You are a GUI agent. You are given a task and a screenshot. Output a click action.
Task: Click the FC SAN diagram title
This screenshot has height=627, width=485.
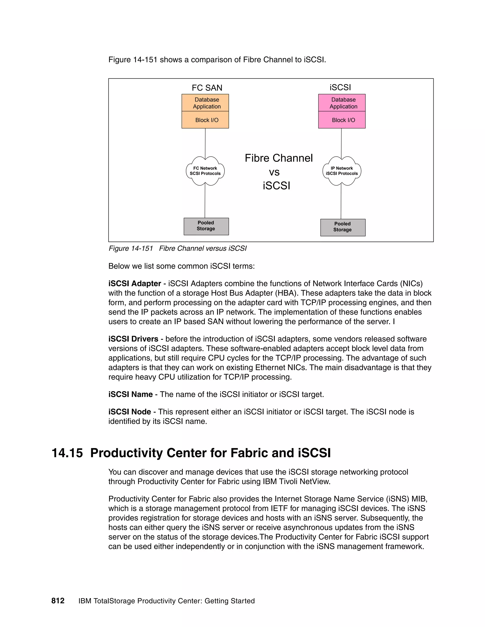pyautogui.click(x=207, y=88)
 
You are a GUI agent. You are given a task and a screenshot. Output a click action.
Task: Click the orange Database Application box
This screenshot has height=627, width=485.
pyautogui.click(x=205, y=103)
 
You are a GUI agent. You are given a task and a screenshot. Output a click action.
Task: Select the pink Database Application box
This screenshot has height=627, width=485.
pyautogui.click(x=342, y=103)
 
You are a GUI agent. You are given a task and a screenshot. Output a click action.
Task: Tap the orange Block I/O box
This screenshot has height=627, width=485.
pyautogui.click(x=205, y=120)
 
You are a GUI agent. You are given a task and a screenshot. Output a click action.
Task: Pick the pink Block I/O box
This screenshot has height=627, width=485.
pyautogui.click(x=342, y=120)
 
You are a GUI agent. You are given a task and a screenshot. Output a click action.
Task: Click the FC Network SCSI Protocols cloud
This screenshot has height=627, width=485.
pyautogui.click(x=205, y=171)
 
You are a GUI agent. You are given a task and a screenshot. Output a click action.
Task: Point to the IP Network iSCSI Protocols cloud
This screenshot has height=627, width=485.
pyautogui.click(x=342, y=171)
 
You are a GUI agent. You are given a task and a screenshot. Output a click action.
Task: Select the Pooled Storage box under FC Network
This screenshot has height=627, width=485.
pyautogui.click(x=206, y=226)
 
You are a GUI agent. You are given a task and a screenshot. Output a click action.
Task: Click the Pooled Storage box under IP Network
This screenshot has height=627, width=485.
pyautogui.click(x=342, y=227)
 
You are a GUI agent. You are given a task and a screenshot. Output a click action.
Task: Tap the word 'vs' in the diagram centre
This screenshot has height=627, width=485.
pyautogui.click(x=274, y=172)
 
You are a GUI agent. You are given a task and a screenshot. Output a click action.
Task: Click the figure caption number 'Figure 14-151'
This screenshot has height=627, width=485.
pyautogui.click(x=131, y=248)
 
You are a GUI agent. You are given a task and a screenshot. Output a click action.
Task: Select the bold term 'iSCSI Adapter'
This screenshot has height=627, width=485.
pyautogui.click(x=135, y=283)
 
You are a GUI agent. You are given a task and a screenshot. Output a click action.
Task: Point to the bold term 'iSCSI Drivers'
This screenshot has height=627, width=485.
pyautogui.click(x=133, y=339)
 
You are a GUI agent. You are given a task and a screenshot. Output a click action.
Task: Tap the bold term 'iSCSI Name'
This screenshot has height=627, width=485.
pyautogui.click(x=130, y=394)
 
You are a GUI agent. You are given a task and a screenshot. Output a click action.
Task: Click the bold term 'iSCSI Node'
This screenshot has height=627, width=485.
pyautogui.click(x=130, y=412)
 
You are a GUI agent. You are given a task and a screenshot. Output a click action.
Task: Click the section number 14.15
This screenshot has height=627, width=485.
pyautogui.click(x=67, y=453)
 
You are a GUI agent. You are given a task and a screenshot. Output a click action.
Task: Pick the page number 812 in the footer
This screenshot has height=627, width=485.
pyautogui.click(x=58, y=601)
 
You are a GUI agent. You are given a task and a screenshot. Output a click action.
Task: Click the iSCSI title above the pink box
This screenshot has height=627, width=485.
pyautogui.click(x=340, y=87)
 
